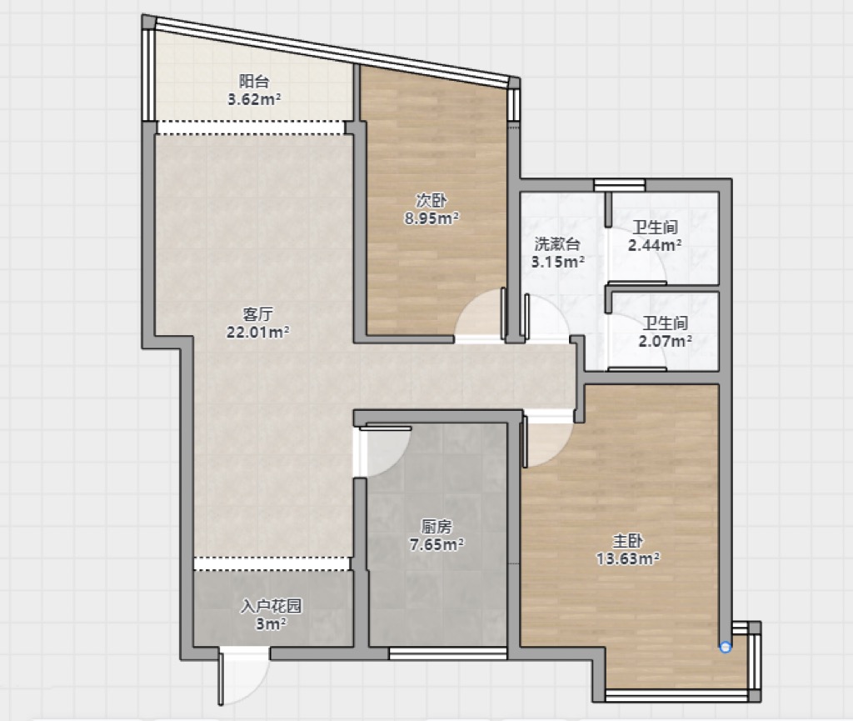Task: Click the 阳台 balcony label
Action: tap(254, 82)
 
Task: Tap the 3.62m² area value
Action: tap(254, 99)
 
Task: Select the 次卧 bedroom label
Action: tap(431, 200)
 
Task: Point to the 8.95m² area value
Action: tap(431, 218)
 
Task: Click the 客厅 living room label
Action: tap(258, 314)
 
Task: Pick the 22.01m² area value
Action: tap(258, 332)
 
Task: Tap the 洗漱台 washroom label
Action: tap(557, 243)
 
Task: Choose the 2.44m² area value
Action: tap(655, 245)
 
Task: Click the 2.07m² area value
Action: tap(666, 341)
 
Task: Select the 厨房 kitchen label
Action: tap(436, 526)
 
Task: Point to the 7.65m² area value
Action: tap(436, 543)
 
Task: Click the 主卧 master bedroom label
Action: tap(628, 540)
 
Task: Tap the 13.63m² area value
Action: tap(628, 558)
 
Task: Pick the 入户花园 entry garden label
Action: tap(271, 606)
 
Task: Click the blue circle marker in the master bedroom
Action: tap(726, 647)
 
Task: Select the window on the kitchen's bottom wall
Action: tap(447, 653)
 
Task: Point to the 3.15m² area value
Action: tap(557, 262)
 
